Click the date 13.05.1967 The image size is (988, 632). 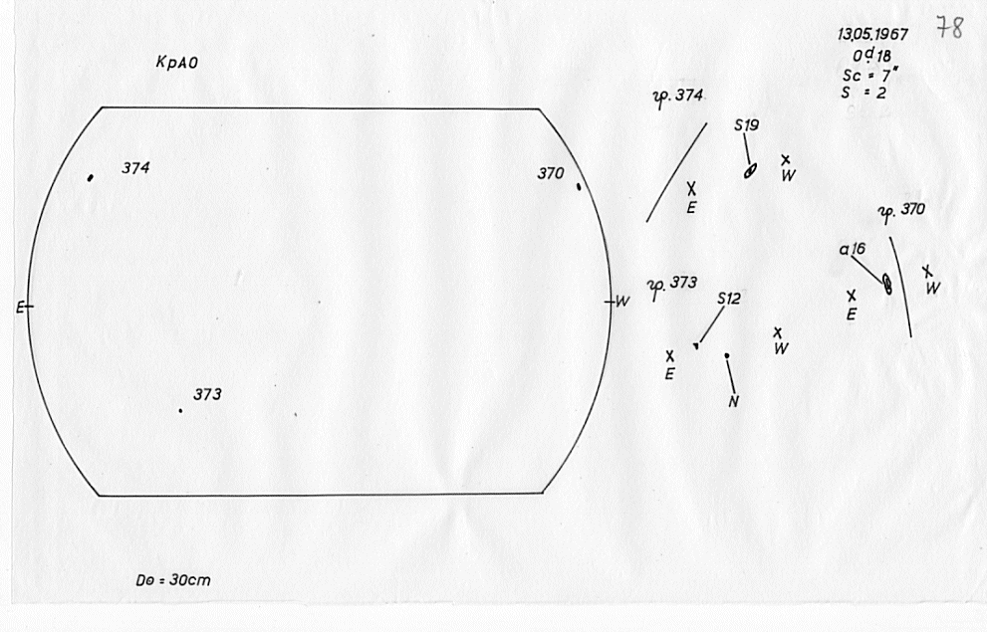(873, 34)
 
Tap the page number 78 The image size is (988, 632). (949, 28)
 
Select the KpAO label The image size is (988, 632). (177, 63)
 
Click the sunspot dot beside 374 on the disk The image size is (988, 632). (91, 178)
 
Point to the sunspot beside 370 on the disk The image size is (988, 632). (579, 186)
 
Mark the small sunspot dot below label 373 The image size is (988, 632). (181, 411)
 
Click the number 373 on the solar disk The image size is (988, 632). (207, 395)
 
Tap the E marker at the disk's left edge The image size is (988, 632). (20, 308)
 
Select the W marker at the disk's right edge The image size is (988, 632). (621, 302)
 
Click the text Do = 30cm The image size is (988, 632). (173, 580)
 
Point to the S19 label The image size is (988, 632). (747, 125)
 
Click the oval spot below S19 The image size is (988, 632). (750, 171)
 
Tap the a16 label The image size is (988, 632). (853, 249)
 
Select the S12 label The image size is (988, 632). (729, 299)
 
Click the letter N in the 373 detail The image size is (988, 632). (733, 402)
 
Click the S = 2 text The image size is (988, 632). (864, 93)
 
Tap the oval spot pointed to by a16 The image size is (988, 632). (887, 284)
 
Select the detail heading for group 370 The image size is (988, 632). (901, 213)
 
